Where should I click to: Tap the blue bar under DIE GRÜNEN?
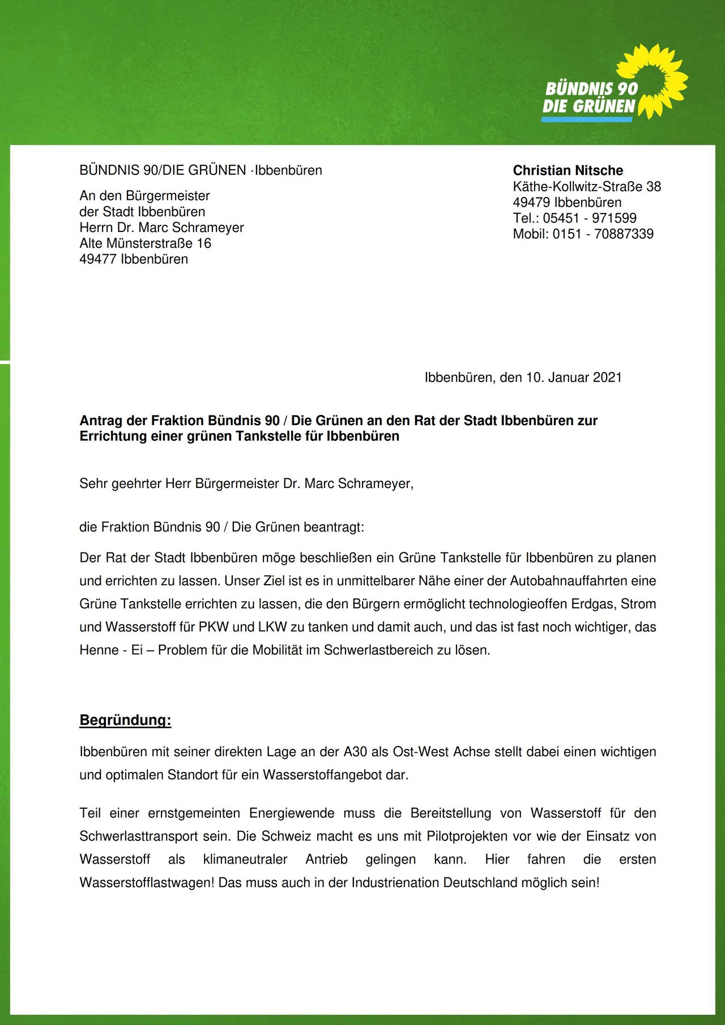point(587,119)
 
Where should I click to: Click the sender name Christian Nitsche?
point(568,170)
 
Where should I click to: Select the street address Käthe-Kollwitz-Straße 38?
point(587,186)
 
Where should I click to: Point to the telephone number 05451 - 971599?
point(589,218)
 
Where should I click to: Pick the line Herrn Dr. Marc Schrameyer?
point(161,228)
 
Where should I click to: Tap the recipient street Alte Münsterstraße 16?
point(145,243)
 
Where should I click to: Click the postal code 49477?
point(97,259)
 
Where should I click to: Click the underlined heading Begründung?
point(125,720)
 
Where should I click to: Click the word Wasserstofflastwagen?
point(147,882)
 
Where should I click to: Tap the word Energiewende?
point(292,813)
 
